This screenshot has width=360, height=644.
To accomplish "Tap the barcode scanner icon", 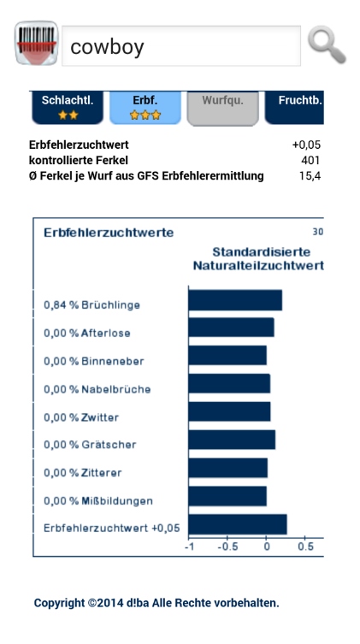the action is (36, 43).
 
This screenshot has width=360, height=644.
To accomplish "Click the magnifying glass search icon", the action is (327, 44).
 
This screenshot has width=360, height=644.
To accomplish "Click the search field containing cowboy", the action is (181, 46).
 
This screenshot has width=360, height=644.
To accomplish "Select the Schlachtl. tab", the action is (68, 107).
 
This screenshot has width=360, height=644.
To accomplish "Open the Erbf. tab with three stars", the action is (145, 107).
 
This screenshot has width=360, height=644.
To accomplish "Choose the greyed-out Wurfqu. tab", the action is (223, 107).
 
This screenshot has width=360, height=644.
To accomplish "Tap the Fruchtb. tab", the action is (294, 107).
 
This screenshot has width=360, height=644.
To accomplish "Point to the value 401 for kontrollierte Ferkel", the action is (310, 161).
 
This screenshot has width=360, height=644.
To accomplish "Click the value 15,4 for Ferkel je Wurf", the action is (310, 176).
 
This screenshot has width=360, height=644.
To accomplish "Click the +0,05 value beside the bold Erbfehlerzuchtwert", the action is (306, 145).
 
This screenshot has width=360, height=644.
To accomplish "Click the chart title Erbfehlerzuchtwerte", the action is (109, 233).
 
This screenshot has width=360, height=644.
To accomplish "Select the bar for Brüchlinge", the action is (235, 300).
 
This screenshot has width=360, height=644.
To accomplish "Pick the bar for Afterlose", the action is (232, 328).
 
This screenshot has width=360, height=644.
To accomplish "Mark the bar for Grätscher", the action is (232, 440).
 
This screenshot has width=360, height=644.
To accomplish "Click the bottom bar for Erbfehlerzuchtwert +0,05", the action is (238, 524).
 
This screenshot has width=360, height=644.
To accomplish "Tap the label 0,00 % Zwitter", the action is (81, 417).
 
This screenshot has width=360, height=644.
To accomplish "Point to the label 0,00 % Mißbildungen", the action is (98, 501).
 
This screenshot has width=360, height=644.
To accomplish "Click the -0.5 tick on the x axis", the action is (227, 547).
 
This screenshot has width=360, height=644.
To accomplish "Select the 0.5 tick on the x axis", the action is (305, 547).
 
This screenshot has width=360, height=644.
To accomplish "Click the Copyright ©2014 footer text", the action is (156, 603).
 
